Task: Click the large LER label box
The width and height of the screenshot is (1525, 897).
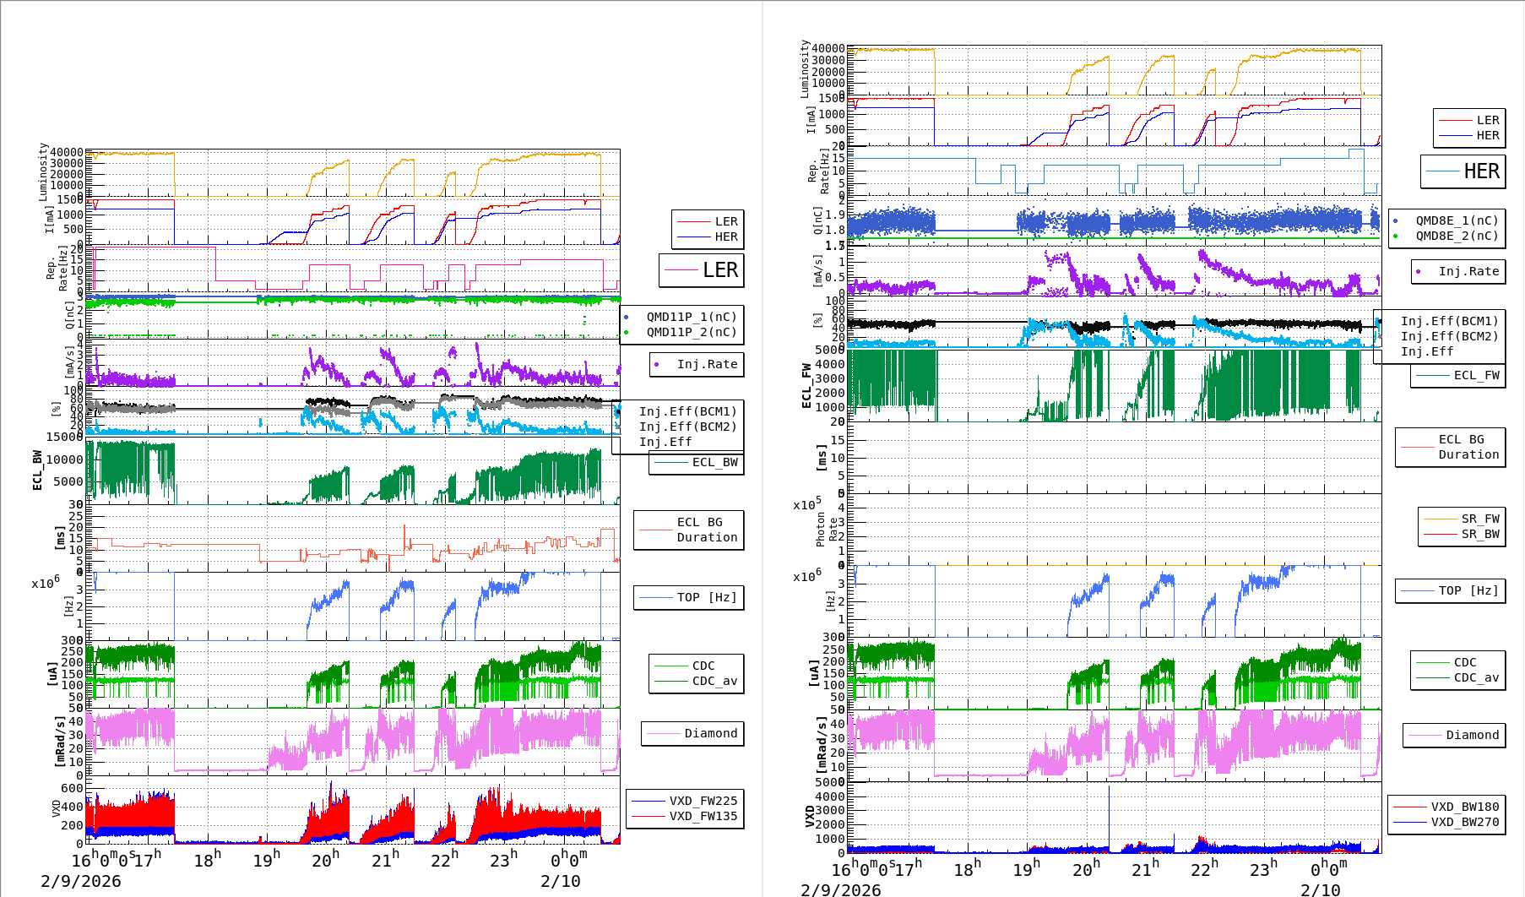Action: (x=702, y=270)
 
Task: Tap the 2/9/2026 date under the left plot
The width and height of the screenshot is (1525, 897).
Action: (x=81, y=881)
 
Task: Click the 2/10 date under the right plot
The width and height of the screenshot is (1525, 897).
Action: (x=1320, y=889)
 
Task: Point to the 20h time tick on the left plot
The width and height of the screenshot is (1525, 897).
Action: (x=325, y=861)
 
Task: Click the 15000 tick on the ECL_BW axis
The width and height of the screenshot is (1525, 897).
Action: (x=64, y=437)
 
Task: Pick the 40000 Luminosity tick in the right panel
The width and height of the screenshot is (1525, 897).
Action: (x=828, y=49)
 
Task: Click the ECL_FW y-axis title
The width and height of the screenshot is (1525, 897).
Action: (x=806, y=385)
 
